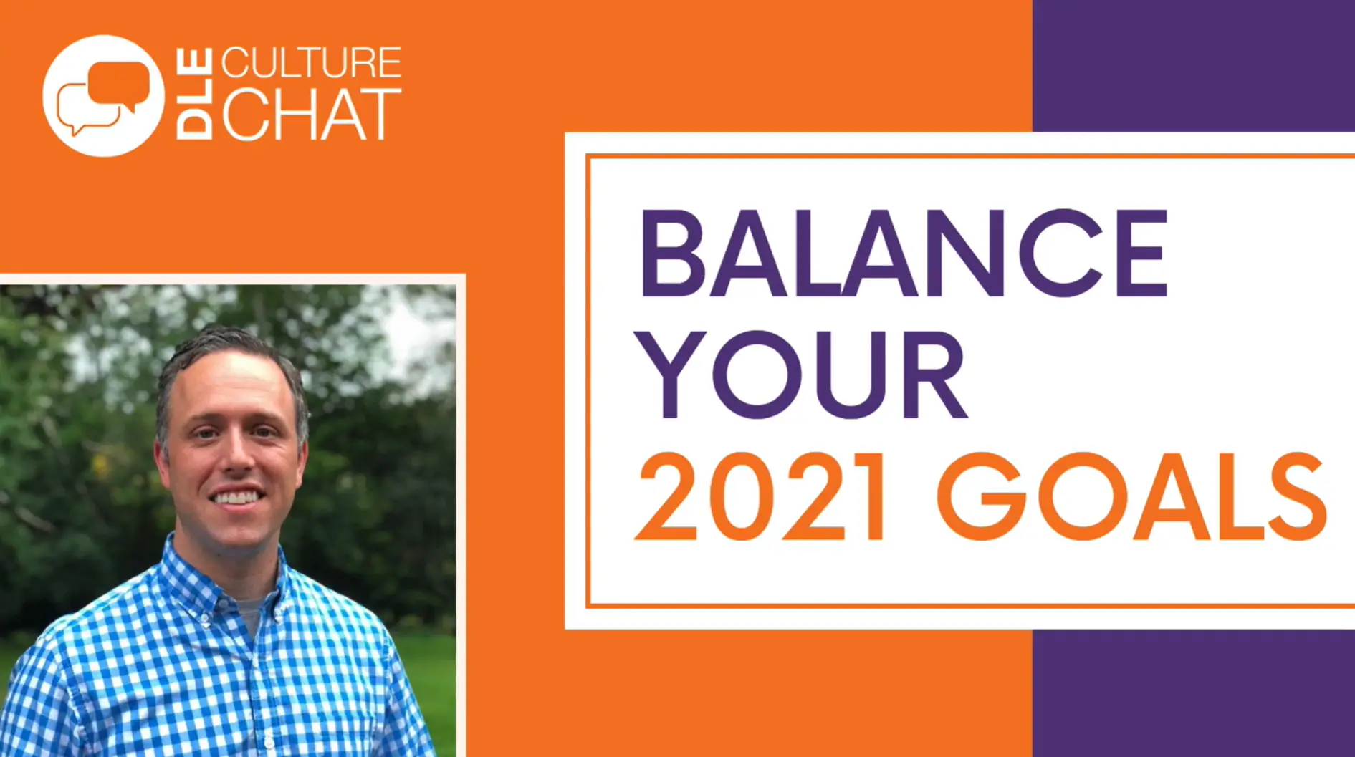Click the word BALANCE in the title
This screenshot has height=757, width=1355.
coord(904,254)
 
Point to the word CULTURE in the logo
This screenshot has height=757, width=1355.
coord(311,63)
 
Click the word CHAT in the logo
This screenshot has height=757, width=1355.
coord(311,115)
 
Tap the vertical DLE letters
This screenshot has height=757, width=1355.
coord(194,94)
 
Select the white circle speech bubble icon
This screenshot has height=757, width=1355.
coord(103,96)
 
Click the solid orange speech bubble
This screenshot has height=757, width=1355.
coord(119,87)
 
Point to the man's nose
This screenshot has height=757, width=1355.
coord(239,457)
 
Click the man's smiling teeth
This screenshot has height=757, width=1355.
coord(236,496)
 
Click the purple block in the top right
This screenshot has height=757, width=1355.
coord(1193,65)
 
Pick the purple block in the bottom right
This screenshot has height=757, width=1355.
coord(1193,693)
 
